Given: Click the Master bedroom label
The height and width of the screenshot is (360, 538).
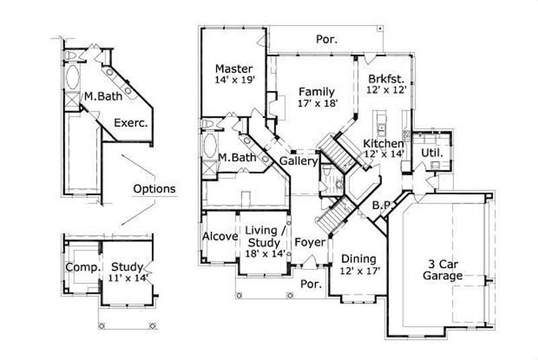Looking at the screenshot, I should tap(234, 69).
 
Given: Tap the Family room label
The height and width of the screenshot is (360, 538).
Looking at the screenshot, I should tap(317, 92).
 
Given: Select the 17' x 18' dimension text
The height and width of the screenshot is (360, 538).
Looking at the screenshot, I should tap(317, 103).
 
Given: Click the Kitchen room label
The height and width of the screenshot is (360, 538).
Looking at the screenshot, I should tap(384, 143).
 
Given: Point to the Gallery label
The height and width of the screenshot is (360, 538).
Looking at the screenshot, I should tap(299, 161).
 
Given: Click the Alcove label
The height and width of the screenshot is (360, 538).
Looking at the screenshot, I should tap(220, 236).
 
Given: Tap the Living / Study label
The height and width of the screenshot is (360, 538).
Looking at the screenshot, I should tap(266, 236).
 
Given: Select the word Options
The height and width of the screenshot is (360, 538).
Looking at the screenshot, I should tap(154, 188).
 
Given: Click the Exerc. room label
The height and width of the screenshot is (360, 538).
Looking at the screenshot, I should tap(130, 123).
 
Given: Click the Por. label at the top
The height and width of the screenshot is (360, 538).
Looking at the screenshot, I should tap(327, 40).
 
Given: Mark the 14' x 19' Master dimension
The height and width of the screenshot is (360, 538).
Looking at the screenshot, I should tap(234, 80).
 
